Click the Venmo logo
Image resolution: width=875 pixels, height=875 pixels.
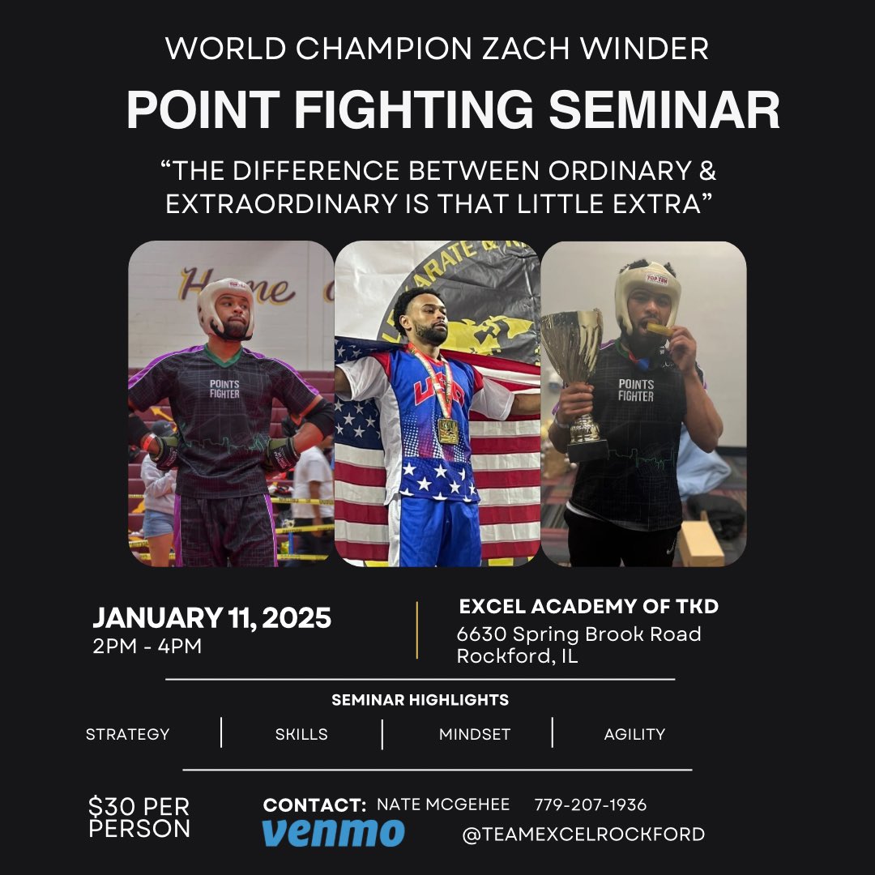(x=333, y=833)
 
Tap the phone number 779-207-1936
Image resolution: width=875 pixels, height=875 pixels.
(x=591, y=805)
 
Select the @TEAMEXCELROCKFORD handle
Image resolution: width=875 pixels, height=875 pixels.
(x=583, y=834)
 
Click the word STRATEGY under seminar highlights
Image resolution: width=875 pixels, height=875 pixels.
(x=128, y=734)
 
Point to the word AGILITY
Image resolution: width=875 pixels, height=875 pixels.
(x=634, y=734)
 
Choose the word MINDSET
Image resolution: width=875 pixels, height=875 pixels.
(x=475, y=734)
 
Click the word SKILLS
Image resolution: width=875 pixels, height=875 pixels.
(x=301, y=734)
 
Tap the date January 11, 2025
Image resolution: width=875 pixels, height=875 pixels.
(x=211, y=618)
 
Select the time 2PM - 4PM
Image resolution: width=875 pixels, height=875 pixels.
(x=147, y=647)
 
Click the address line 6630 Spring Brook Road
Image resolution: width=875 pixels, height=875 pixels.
(x=578, y=634)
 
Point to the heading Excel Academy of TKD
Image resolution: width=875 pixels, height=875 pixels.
(x=589, y=606)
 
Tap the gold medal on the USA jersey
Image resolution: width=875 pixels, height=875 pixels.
(x=447, y=429)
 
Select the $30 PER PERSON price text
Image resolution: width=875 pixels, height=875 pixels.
(x=139, y=817)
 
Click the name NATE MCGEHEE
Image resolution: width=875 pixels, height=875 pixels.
(x=443, y=805)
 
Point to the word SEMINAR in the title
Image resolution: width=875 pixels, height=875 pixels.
(x=664, y=111)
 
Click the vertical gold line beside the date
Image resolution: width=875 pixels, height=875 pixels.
(x=417, y=630)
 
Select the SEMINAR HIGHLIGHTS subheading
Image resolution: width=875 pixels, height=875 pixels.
(x=420, y=700)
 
